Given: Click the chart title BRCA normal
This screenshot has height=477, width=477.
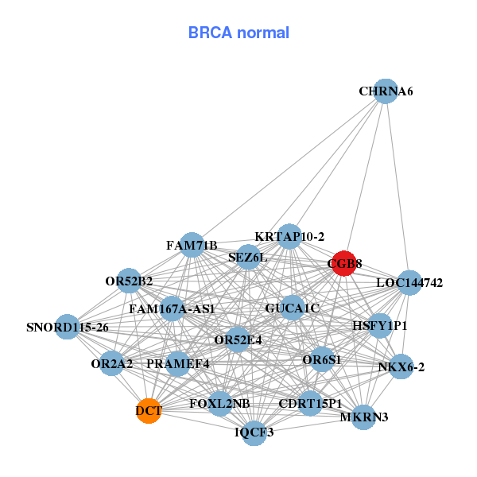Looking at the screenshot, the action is click(238, 33).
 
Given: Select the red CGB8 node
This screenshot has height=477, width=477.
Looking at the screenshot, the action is click(343, 264).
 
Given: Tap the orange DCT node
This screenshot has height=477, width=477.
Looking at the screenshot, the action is click(149, 411).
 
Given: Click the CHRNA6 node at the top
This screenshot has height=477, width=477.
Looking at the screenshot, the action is click(385, 91).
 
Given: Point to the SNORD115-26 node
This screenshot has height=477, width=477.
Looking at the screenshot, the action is click(68, 327).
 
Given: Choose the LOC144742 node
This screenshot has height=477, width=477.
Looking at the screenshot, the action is click(409, 282).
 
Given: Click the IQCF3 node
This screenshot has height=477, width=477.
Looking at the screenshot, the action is click(254, 432).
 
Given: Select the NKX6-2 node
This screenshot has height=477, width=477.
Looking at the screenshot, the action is click(401, 366).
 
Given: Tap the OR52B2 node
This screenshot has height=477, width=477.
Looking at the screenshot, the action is click(129, 281).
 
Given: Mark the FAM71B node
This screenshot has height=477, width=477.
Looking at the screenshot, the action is click(192, 245).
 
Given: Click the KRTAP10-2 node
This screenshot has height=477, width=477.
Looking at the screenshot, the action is click(289, 236).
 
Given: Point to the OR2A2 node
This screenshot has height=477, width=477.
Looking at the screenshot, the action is click(112, 364).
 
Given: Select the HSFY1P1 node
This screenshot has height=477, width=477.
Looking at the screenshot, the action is click(380, 326).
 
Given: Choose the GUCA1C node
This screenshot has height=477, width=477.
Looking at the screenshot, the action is click(293, 308).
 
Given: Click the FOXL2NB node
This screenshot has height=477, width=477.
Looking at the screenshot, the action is click(219, 404).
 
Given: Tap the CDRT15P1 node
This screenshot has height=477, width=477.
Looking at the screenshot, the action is click(310, 404).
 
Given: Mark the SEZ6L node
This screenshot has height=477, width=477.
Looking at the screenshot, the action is click(248, 258).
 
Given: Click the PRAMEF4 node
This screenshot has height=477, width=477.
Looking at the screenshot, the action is click(178, 364).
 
